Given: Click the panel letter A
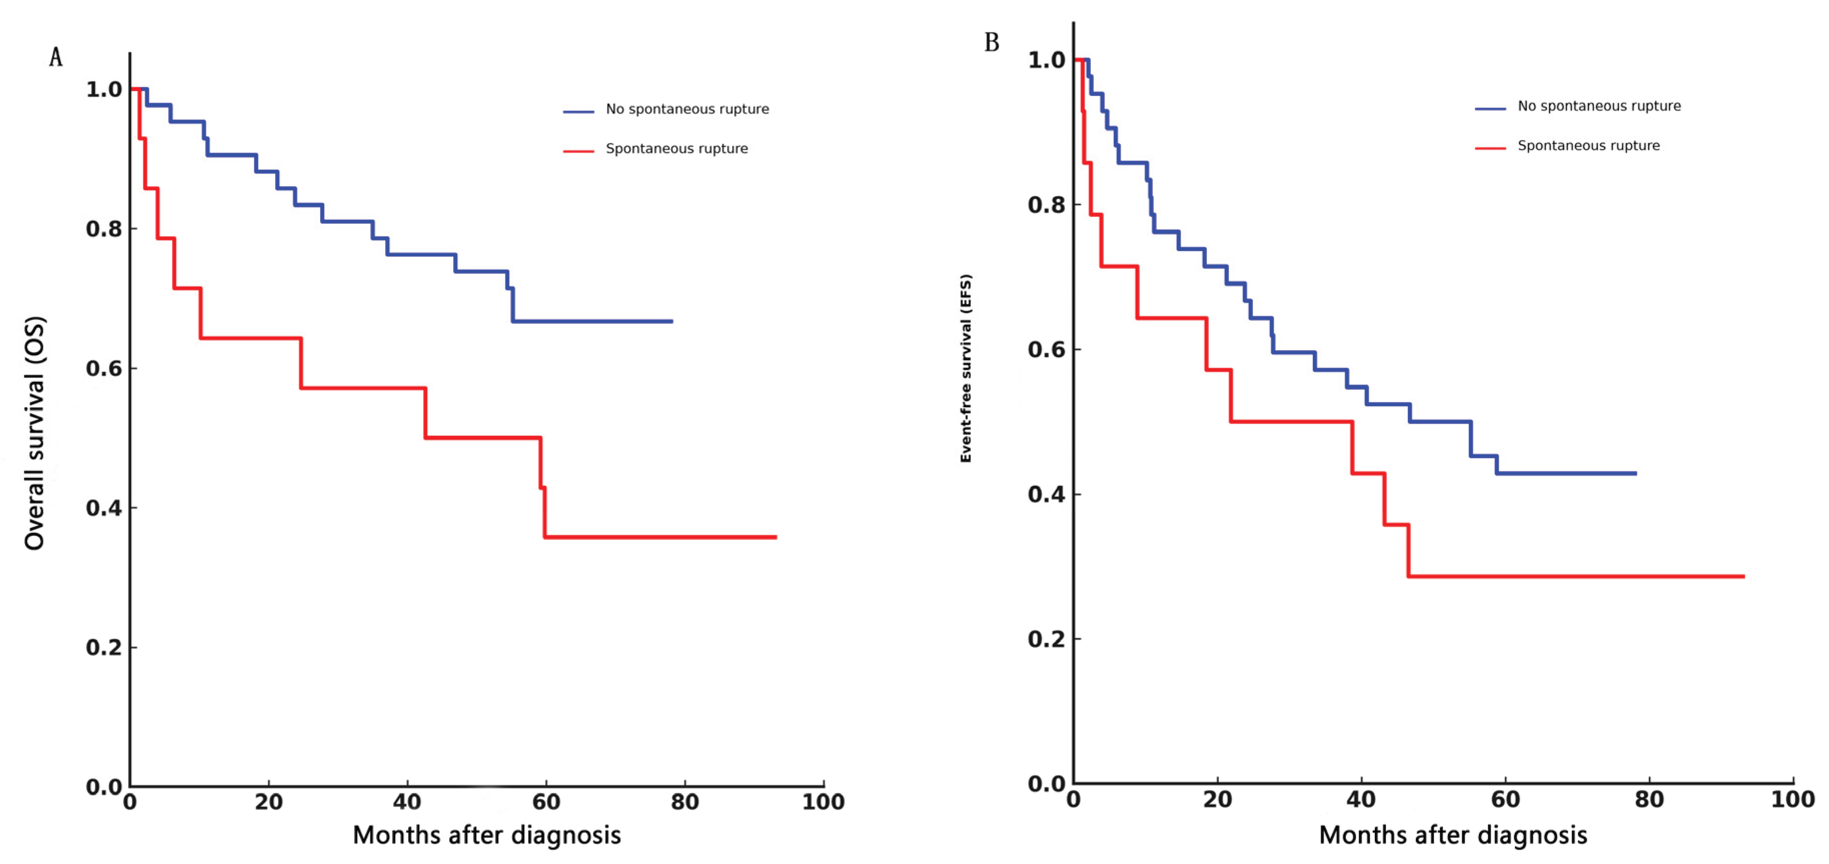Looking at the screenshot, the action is pos(56,58).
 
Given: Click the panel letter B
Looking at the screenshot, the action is pos(992,43).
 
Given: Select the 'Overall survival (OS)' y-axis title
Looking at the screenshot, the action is pos(34,433).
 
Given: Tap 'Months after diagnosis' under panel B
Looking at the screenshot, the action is pos(1453,835).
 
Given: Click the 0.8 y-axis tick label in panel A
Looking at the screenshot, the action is pos(104,229).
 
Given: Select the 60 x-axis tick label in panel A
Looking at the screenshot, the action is pos(546,802).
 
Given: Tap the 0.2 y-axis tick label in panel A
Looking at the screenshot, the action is pos(104,647).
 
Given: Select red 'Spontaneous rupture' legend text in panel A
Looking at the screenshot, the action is pos(677,149).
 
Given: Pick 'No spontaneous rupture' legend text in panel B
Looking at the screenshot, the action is pos(1599,106).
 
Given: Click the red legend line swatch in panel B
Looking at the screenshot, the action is pos(1490,148).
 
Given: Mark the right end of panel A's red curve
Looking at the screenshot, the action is pos(776,537).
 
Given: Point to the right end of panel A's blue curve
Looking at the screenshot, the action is pos(672,322).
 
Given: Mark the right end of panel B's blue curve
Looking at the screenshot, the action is pos(1636,474).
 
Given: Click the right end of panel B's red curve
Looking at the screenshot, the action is pos(1744,576).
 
